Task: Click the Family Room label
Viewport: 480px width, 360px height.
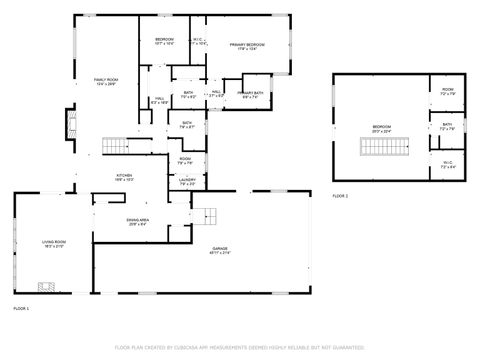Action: (105, 81)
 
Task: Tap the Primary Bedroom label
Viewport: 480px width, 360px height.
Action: (248, 46)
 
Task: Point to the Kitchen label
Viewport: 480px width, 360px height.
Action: (123, 177)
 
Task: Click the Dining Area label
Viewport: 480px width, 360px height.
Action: (138, 222)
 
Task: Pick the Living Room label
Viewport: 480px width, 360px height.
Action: (53, 243)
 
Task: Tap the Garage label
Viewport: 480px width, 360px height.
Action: (219, 251)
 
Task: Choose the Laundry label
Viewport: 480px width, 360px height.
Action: (187, 183)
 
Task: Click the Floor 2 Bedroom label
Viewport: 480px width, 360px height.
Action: (382, 128)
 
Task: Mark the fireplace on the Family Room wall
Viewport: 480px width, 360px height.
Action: (70, 124)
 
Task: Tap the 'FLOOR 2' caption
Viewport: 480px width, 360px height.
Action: (340, 196)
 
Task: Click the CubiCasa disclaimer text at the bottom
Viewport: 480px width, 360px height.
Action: (240, 347)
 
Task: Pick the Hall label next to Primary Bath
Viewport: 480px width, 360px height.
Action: (216, 93)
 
